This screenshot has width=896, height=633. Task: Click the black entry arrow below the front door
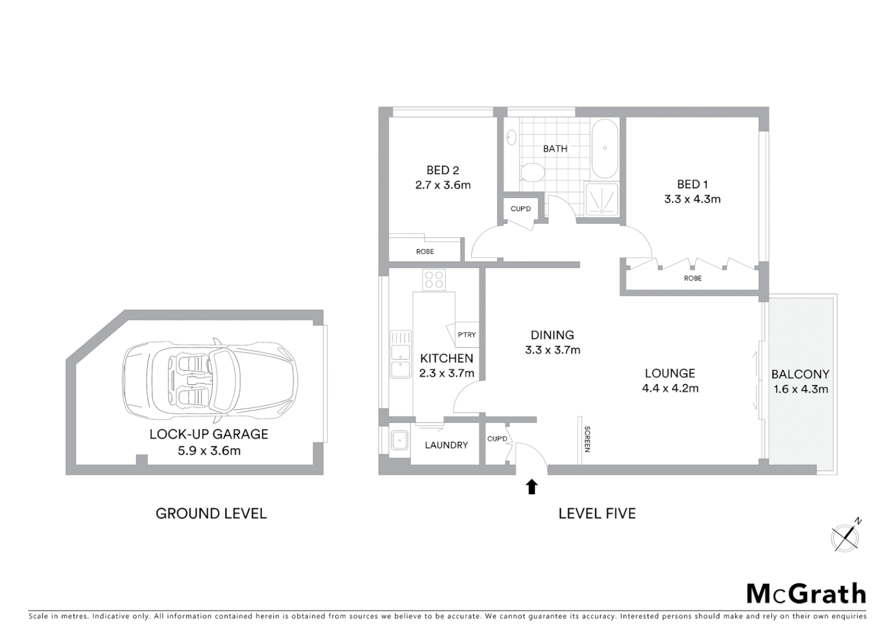tap(531, 486)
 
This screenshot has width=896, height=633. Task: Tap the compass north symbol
tap(846, 536)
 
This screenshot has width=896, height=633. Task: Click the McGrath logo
tap(806, 594)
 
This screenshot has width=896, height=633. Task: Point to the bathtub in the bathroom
tap(605, 148)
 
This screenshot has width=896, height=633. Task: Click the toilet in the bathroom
tap(531, 172)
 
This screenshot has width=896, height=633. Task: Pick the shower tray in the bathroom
tap(601, 199)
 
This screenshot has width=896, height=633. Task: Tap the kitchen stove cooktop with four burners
tap(434, 280)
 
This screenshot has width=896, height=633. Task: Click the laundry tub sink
tap(400, 440)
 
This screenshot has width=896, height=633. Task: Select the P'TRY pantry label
tap(467, 335)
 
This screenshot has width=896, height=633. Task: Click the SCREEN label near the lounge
tap(587, 439)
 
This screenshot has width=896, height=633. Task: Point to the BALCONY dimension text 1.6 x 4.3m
tap(800, 389)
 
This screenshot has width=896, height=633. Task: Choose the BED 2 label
tap(443, 170)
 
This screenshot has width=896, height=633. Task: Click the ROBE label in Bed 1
tap(693, 278)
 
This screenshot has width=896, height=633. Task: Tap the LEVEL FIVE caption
tap(597, 513)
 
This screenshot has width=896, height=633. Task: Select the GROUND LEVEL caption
tap(211, 513)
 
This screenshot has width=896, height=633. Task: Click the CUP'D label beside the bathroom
tap(520, 209)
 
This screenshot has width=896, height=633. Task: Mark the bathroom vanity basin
tap(511, 137)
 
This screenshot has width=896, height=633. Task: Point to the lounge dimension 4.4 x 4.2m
tap(670, 388)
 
